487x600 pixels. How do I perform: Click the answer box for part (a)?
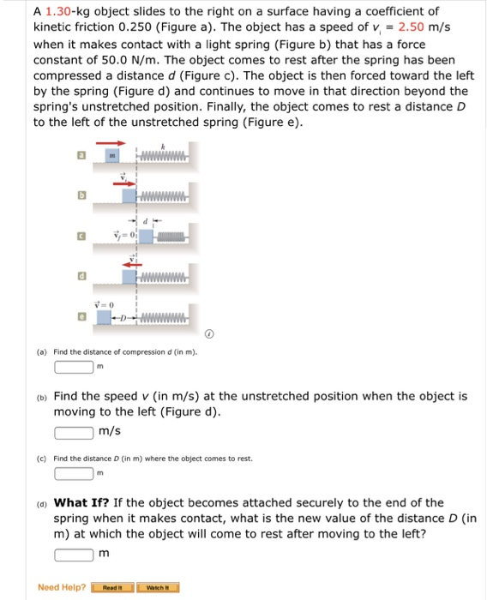74,367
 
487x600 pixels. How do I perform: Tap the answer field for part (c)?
74,473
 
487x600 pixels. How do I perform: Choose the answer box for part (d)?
74,553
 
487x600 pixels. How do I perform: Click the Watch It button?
160,587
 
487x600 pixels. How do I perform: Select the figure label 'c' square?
81,235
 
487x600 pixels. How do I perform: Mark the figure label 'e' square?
81,316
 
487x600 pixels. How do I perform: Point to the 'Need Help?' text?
62,587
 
